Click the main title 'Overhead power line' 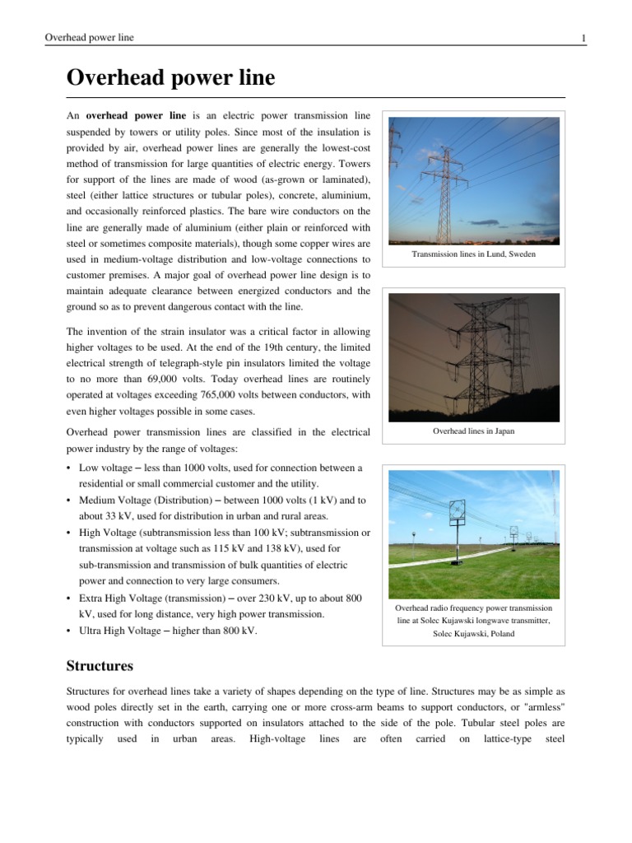tap(170, 79)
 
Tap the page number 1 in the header tap(583, 38)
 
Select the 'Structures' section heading tap(100, 665)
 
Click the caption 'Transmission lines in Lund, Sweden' tap(473, 256)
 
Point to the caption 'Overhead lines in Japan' tap(473, 431)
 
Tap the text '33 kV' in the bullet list tap(105, 516)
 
